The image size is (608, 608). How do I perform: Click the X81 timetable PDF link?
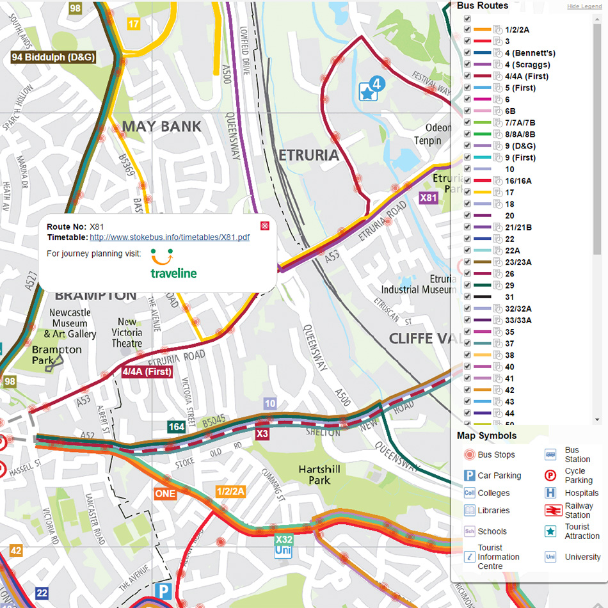(x=169, y=237)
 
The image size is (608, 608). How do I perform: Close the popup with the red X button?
(x=265, y=226)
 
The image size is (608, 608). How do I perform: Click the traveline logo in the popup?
(x=173, y=264)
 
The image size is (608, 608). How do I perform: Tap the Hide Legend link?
(x=584, y=6)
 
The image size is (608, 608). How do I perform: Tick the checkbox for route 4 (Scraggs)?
(x=468, y=65)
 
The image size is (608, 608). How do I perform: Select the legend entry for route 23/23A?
(x=518, y=262)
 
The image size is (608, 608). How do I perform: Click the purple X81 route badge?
(x=428, y=198)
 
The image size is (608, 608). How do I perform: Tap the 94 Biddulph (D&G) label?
(x=54, y=57)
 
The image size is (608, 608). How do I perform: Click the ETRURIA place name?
(x=308, y=155)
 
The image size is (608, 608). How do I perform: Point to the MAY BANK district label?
(x=161, y=126)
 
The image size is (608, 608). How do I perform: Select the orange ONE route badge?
(x=164, y=493)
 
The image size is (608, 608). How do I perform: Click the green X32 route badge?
(x=284, y=540)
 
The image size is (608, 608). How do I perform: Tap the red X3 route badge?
(x=262, y=435)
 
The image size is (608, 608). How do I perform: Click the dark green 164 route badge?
(x=176, y=426)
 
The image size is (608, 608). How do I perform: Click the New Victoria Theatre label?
(x=127, y=332)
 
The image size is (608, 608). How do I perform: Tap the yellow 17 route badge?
(x=133, y=24)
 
